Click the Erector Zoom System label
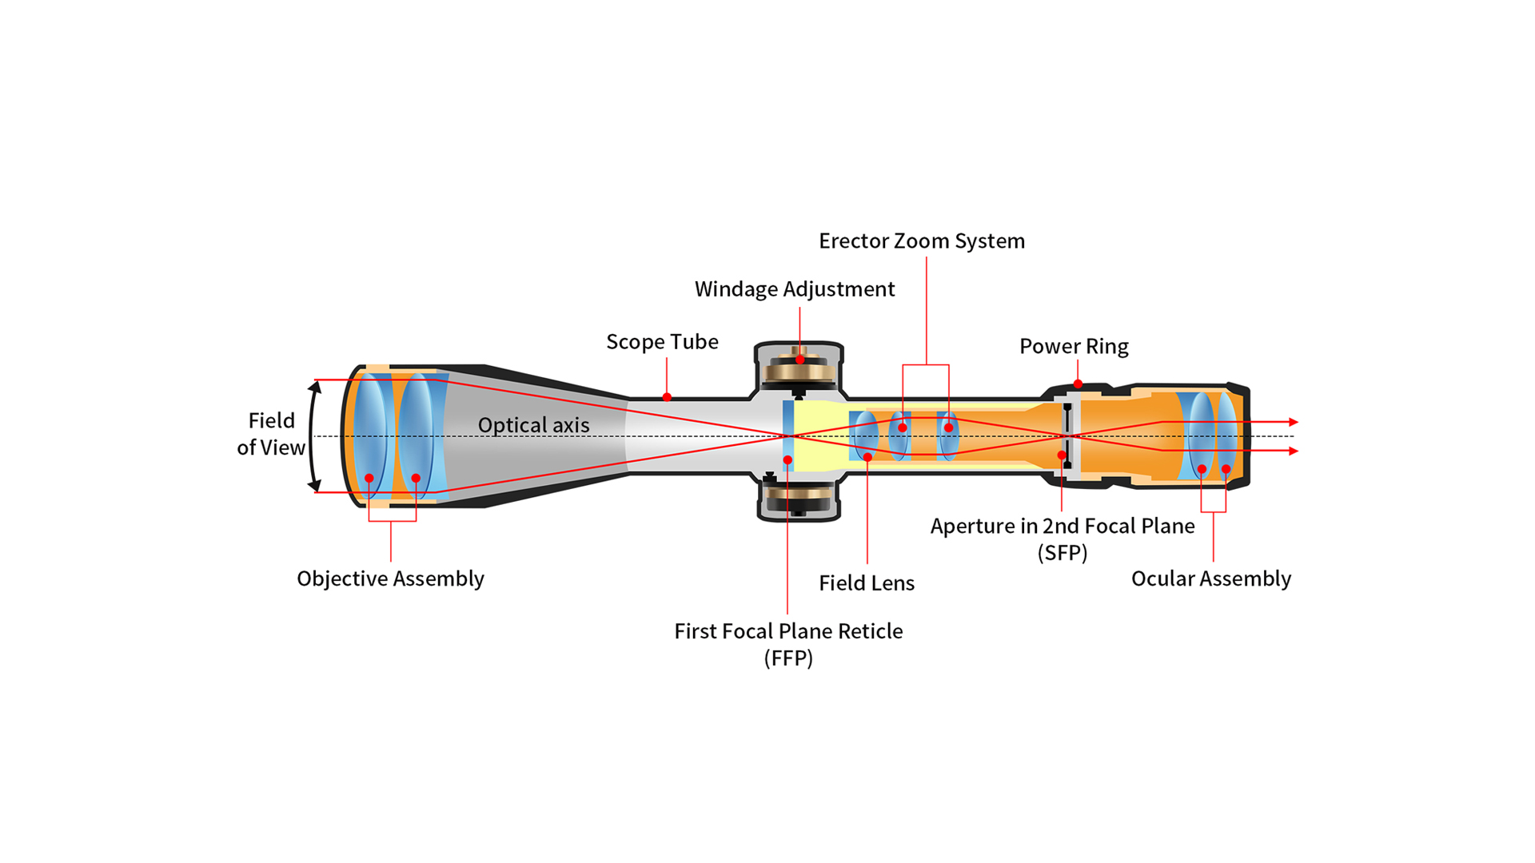921,241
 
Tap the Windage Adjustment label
794,289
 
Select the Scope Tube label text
662,342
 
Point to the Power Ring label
1074,347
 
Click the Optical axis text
533,425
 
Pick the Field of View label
271,434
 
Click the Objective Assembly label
390,579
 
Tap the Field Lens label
866,583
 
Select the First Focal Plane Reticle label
788,631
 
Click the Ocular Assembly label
1210,579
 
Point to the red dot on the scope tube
667,397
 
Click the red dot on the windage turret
799,360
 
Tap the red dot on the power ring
1078,384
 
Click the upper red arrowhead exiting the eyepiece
1293,422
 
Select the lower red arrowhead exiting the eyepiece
1293,451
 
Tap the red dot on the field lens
867,457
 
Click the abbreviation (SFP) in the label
1062,553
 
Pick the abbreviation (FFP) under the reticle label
788,658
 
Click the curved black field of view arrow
312,435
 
